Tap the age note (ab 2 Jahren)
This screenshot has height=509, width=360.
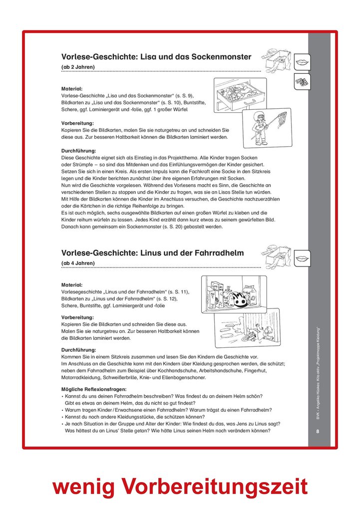point(78,67)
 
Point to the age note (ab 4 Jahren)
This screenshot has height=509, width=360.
point(78,263)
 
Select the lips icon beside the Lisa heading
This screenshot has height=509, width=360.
point(302,61)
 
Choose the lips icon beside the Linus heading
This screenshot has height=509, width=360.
point(302,258)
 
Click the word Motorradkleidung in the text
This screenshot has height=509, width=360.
point(82,378)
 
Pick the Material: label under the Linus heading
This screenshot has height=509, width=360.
point(72,285)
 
